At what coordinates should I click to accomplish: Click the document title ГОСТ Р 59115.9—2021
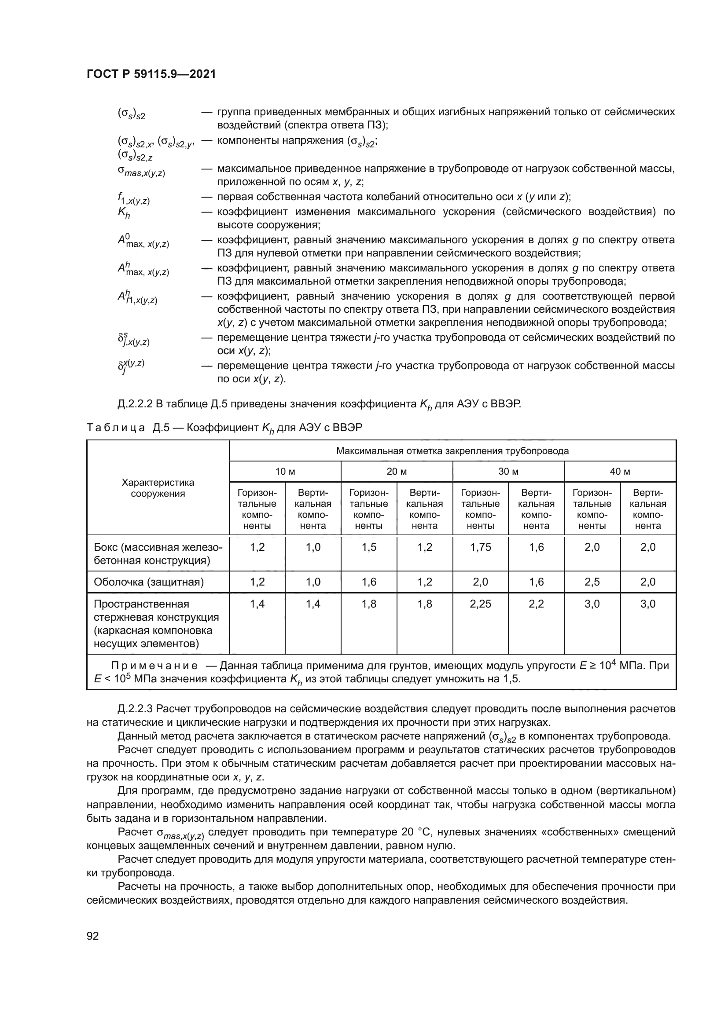(x=151, y=74)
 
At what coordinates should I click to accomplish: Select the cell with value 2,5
(x=592, y=582)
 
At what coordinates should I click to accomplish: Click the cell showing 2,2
(x=536, y=604)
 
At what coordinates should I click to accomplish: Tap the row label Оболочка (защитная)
(x=148, y=582)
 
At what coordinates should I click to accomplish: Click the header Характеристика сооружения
(x=158, y=488)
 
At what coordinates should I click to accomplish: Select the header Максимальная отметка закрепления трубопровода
(x=452, y=451)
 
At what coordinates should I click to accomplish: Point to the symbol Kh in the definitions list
(x=124, y=213)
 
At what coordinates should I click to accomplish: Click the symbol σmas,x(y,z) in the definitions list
(x=141, y=171)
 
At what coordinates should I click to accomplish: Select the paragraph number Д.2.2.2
(x=135, y=404)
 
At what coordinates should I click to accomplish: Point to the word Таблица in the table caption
(x=116, y=428)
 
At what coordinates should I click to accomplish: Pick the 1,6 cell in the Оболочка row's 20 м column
(x=368, y=582)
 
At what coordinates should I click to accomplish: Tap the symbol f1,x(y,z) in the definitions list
(x=133, y=198)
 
